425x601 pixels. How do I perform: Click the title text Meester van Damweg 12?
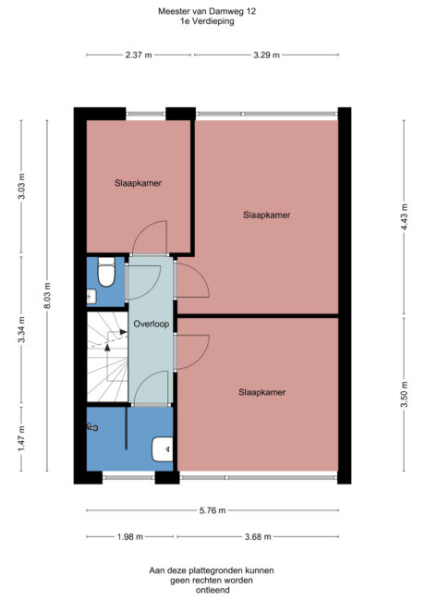pos(208,11)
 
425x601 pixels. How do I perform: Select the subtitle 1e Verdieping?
pos(208,21)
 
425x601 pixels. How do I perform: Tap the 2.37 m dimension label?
pos(140,55)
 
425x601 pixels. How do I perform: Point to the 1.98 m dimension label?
pos(130,537)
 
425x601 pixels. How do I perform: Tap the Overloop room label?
pos(149,325)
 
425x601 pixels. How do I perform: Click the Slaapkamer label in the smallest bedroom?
pos(139,183)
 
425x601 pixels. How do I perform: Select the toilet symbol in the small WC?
pos(106,275)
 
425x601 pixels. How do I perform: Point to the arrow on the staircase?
pos(108,344)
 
